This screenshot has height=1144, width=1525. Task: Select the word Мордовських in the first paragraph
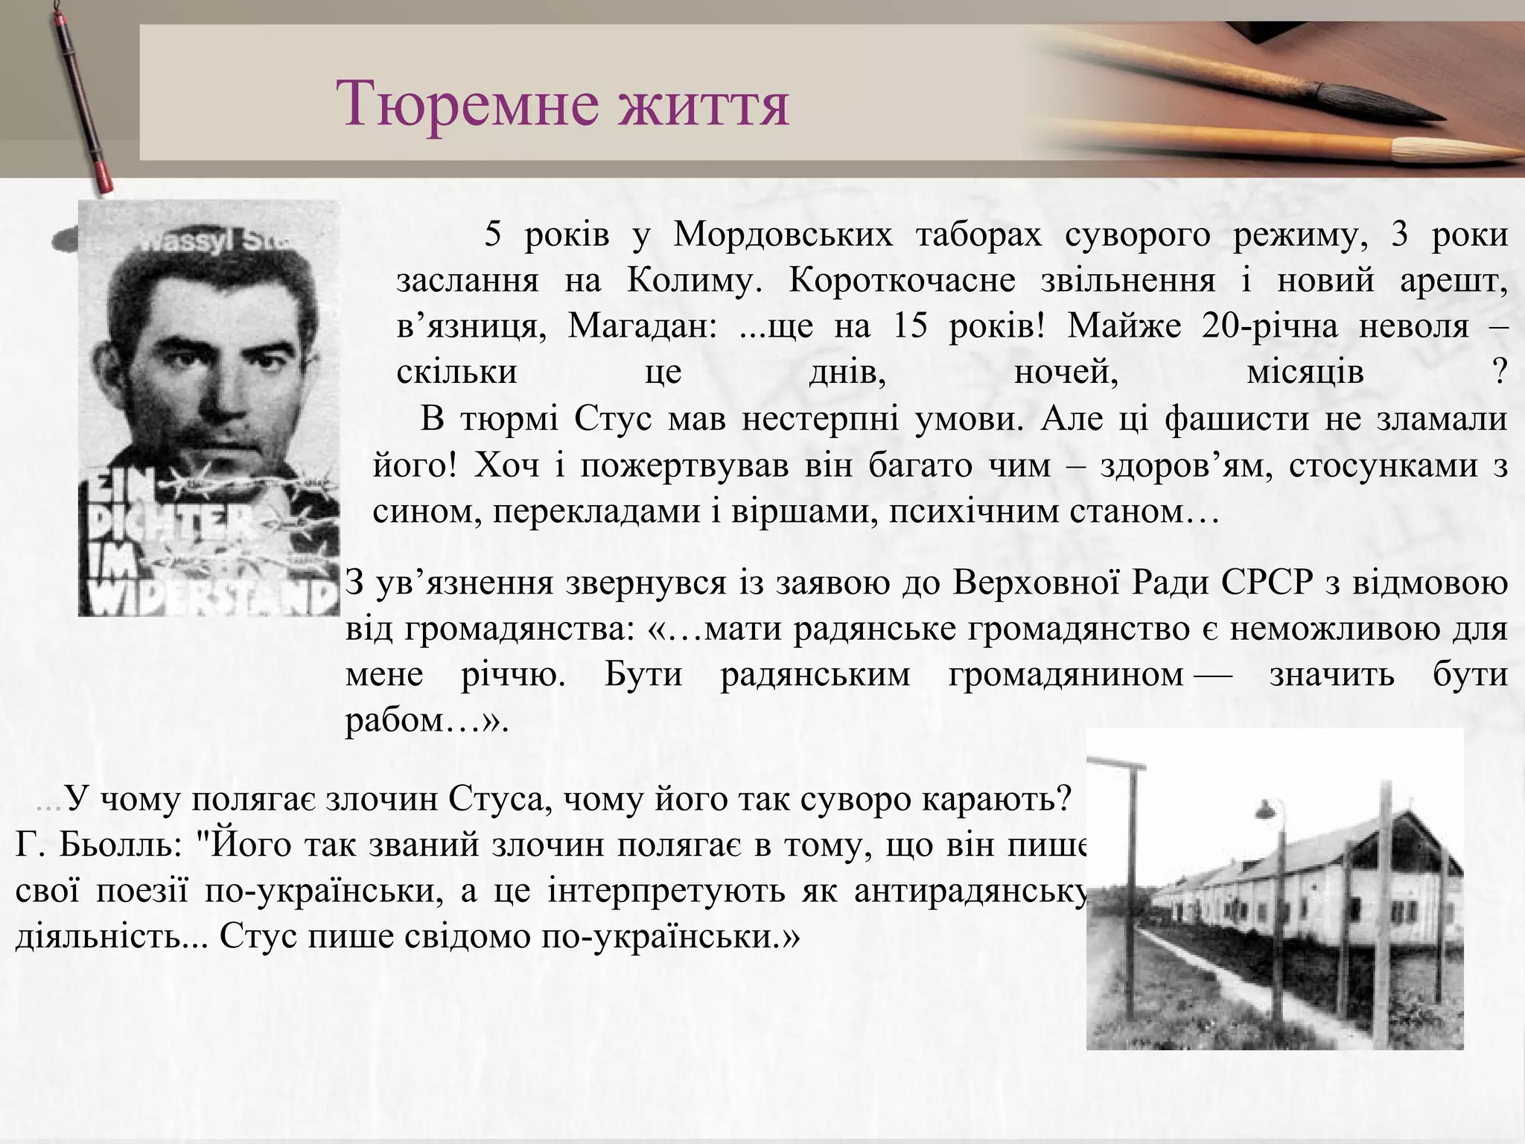pos(783,235)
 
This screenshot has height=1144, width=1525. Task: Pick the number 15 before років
pos(909,327)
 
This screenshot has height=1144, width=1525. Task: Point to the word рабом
pos(394,721)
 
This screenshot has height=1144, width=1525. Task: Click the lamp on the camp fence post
pos(1265,808)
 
